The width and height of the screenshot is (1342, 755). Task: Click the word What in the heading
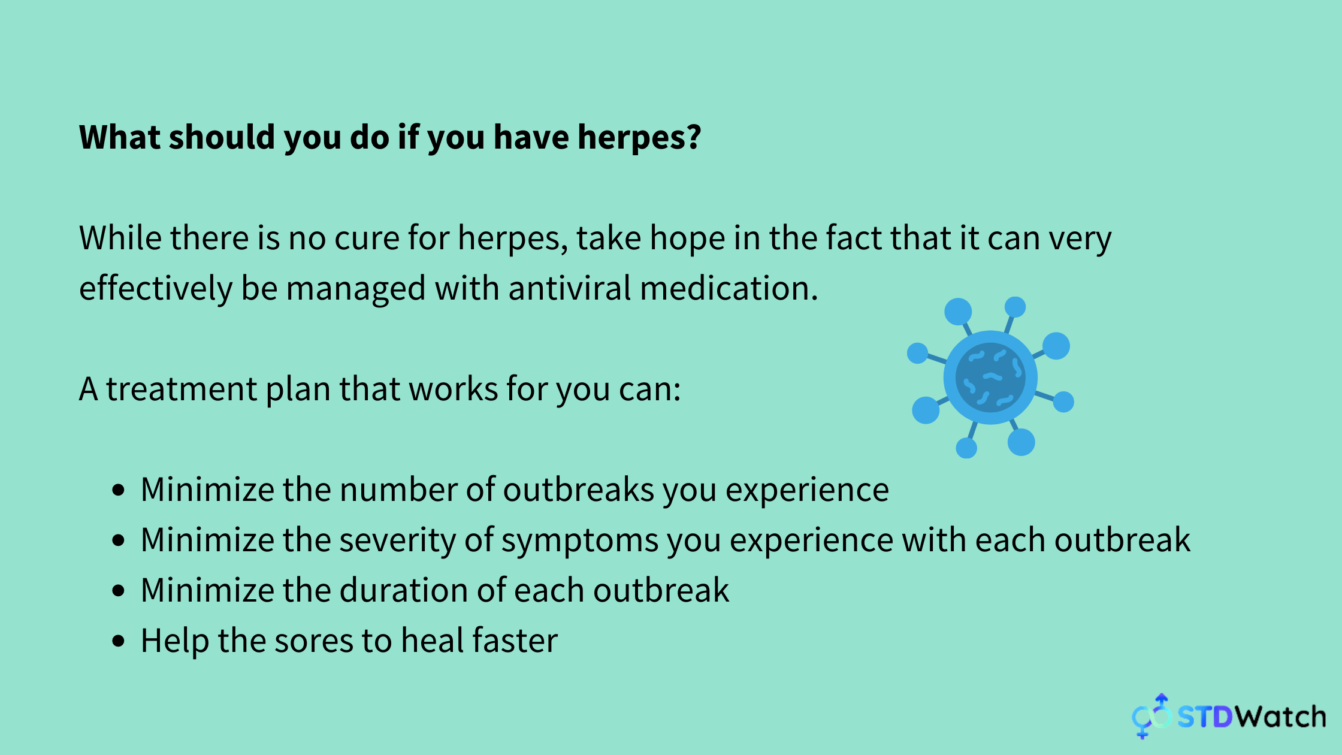point(120,137)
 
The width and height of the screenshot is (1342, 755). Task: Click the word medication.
point(729,288)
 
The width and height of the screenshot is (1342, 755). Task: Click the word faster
point(515,641)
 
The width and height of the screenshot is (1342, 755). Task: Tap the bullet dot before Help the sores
point(119,641)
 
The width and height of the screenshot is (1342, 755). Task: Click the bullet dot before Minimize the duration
point(119,591)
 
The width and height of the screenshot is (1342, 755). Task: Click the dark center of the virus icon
point(990,377)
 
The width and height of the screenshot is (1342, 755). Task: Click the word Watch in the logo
point(1281,717)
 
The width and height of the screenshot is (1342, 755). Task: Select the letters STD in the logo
point(1205,717)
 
